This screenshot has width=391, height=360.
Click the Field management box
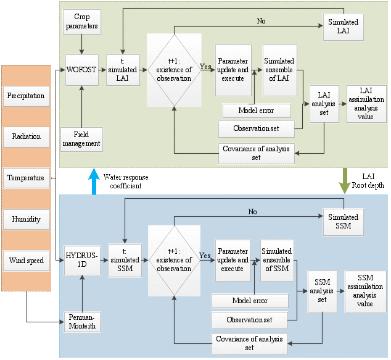(x=81, y=139)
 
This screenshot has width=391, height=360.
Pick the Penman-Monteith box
(x=81, y=321)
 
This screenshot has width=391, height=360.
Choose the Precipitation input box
(x=26, y=96)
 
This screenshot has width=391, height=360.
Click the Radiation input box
(x=26, y=137)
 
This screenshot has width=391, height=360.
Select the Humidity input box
(x=26, y=219)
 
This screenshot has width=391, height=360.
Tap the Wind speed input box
(x=26, y=261)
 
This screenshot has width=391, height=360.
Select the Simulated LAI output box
(x=342, y=26)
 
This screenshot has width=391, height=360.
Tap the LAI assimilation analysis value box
(x=366, y=104)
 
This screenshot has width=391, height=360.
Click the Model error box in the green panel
(x=256, y=111)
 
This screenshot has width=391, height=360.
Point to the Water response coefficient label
(x=125, y=182)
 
